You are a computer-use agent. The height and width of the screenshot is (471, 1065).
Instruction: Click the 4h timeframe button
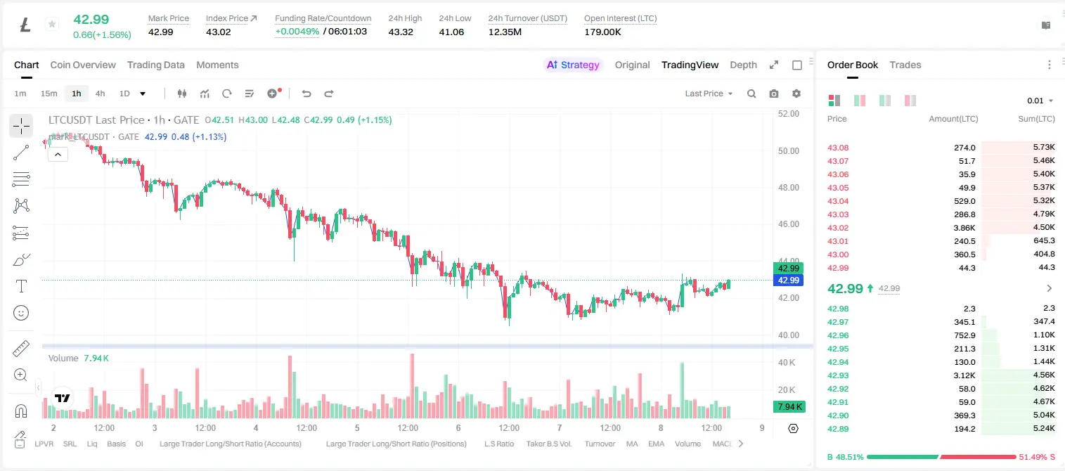(100, 93)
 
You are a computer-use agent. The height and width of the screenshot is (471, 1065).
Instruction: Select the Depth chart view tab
(743, 65)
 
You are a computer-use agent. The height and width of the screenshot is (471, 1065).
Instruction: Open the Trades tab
(905, 65)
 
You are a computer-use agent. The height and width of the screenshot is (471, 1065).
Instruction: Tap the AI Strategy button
(573, 65)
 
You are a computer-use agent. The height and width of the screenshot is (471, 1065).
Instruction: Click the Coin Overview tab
(83, 65)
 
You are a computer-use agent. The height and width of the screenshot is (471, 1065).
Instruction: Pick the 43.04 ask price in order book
(838, 201)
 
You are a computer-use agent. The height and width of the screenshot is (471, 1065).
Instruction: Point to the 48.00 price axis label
(789, 188)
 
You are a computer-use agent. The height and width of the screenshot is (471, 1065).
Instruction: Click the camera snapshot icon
(774, 93)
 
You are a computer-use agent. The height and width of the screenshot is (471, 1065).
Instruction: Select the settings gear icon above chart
(796, 93)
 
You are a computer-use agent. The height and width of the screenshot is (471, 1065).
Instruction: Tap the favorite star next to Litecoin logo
(52, 24)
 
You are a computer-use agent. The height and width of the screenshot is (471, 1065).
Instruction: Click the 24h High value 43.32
(401, 32)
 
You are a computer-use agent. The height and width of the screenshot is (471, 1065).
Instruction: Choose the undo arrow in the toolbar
(306, 93)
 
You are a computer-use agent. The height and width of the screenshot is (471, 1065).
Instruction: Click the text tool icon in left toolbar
(21, 287)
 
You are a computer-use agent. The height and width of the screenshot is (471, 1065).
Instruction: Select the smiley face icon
(21, 313)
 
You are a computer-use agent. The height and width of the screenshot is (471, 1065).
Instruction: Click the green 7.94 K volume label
(789, 407)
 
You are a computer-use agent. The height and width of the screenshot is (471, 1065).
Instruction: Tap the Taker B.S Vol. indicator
(548, 444)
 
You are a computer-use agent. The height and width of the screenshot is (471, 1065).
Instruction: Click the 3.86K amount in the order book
(964, 228)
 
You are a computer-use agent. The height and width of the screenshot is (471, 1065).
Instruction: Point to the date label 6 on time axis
(458, 428)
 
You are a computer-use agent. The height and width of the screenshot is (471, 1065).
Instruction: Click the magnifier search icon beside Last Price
(751, 93)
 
